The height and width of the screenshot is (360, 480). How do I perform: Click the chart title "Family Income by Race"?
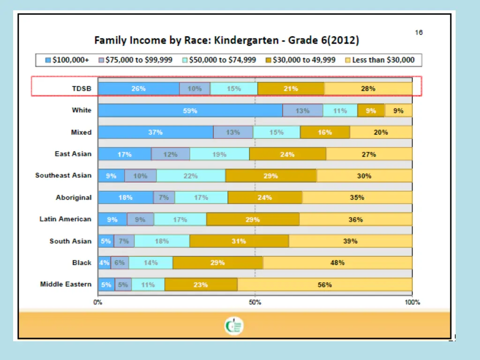227,40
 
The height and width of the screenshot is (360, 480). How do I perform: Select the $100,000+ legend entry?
67,60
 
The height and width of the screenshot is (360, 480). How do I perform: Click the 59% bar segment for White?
190,111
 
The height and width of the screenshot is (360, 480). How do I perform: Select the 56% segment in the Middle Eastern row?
325,285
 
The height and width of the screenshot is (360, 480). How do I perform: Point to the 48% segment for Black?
337,263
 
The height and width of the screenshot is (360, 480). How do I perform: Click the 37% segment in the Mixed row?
156,132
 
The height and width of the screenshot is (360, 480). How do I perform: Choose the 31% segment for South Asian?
239,241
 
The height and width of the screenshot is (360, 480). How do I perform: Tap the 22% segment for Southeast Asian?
191,176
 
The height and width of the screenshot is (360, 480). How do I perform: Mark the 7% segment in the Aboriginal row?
164,197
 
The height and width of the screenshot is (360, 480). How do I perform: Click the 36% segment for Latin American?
356,219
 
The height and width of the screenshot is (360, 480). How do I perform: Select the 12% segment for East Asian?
171,154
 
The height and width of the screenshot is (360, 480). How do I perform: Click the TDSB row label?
82,89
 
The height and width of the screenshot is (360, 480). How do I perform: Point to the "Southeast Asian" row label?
63,175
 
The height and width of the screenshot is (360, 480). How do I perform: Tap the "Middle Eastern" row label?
66,284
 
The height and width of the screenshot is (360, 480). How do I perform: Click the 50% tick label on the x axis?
255,302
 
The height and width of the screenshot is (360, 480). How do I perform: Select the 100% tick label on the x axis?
412,302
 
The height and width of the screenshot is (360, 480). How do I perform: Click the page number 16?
419,32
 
